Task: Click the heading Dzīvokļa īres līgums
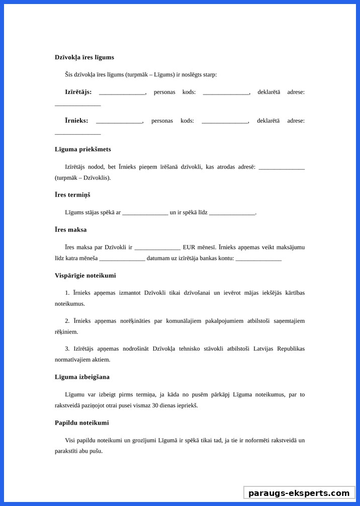coord(84,57)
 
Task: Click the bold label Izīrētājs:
coord(78,92)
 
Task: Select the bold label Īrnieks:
coord(76,121)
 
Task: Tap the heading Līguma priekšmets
coord(82,149)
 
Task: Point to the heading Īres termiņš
coord(72,195)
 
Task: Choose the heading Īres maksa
coord(70,230)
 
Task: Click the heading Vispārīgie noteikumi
coord(85,276)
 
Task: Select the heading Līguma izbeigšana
coord(82,377)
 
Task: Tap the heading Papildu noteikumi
coord(81,423)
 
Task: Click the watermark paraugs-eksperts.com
coord(299,493)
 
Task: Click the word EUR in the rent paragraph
coord(189,247)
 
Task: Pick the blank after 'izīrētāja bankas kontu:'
coord(258,260)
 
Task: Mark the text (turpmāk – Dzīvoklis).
coord(82,178)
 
